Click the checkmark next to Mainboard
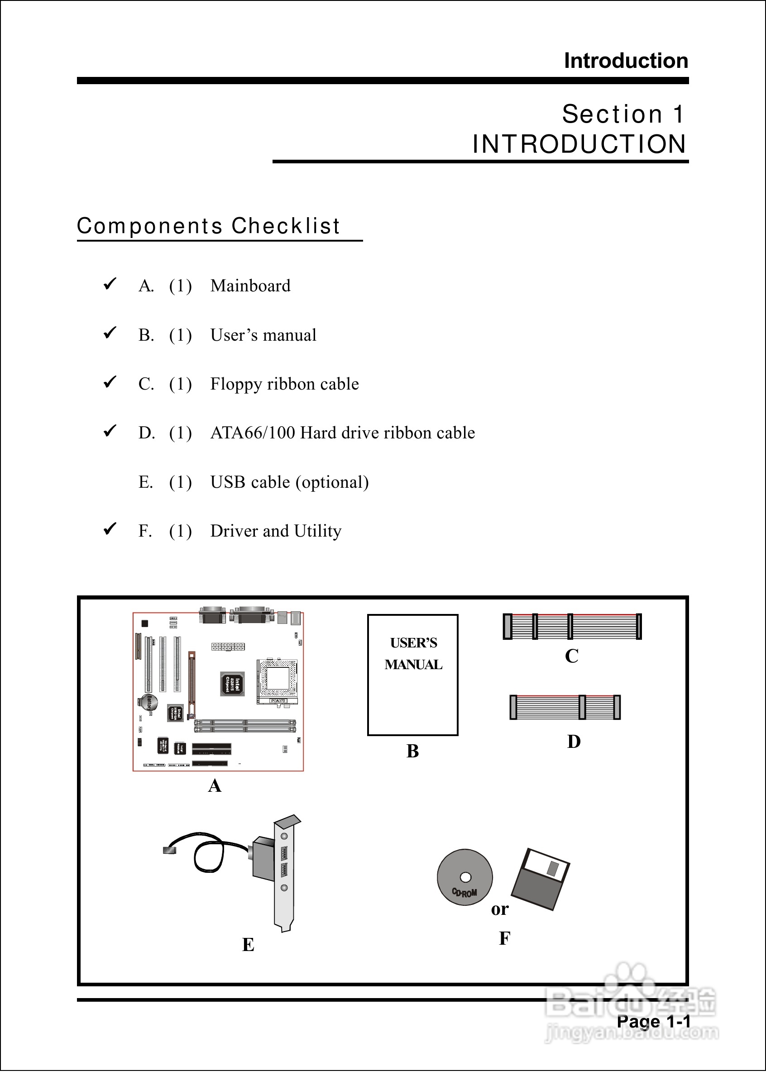(110, 284)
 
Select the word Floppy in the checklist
(236, 385)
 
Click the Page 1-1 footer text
(653, 1022)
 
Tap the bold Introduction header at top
(626, 61)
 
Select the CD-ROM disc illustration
(464, 877)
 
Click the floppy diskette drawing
(541, 879)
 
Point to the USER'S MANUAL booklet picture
(413, 675)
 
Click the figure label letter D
(574, 742)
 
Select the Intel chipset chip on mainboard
(233, 684)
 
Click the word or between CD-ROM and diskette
(499, 909)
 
